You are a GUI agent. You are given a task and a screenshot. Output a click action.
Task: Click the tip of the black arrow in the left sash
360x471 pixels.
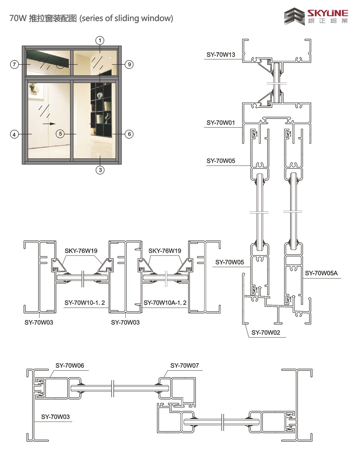[55, 124]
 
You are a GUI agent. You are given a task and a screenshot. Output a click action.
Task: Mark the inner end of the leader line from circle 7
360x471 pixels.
[30, 64]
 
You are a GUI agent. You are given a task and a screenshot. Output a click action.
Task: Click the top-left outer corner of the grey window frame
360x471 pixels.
[22, 46]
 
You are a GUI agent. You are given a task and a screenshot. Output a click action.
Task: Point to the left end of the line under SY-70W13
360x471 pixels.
[204, 59]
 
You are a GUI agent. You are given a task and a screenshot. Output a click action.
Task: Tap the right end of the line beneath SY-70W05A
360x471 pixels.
[341, 278]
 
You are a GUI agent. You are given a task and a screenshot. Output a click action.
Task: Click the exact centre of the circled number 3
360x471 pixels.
[100, 170]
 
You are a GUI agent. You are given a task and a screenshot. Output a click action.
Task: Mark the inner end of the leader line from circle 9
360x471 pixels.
[112, 64]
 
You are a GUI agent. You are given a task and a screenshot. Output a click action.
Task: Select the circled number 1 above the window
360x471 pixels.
[100, 40]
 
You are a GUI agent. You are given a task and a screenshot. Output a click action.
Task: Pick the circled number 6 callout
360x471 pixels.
[129, 134]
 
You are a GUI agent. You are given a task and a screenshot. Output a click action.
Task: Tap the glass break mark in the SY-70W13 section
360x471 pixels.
[277, 83]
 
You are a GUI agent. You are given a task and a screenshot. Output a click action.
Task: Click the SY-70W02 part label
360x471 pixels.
[266, 332]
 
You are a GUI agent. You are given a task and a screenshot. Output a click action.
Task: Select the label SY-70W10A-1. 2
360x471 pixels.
[165, 303]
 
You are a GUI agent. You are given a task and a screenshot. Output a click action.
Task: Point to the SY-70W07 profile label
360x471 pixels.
[184, 365]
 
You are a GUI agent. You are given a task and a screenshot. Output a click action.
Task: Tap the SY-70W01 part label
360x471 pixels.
[221, 123]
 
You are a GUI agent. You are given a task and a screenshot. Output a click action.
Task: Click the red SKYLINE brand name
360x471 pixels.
[328, 13]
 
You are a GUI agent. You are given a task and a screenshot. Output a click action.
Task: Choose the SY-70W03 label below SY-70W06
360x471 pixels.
[55, 417]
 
